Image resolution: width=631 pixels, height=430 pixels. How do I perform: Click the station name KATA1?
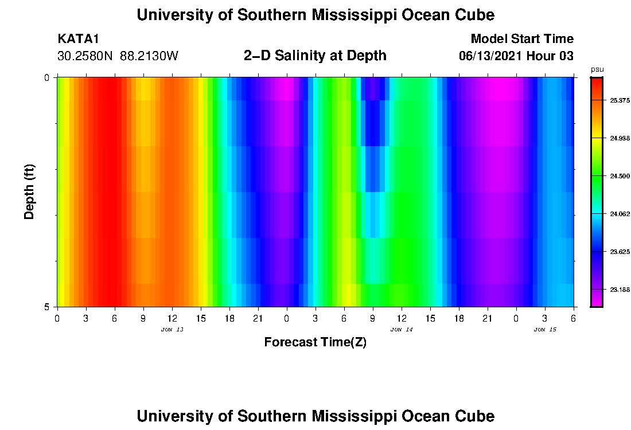79,39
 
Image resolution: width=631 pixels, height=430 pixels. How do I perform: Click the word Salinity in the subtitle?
305,56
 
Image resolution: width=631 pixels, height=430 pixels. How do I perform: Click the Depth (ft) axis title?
30,191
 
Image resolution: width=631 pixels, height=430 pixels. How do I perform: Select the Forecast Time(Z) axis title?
315,342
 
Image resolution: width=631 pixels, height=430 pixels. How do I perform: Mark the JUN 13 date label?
172,330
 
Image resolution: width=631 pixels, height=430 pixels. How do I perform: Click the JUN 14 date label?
401,330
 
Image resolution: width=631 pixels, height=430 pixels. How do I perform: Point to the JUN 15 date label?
545,330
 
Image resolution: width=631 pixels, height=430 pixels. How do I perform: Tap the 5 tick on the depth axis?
47,307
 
